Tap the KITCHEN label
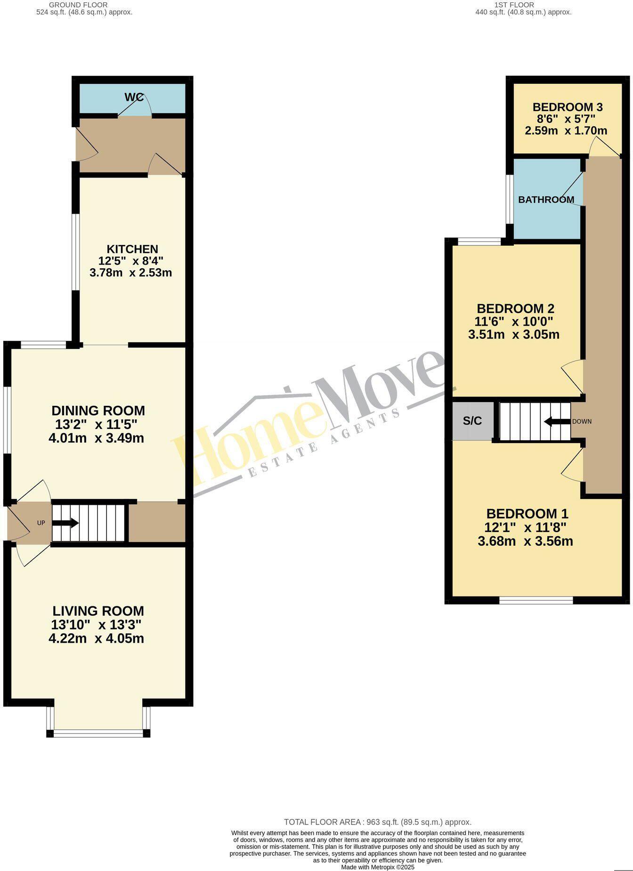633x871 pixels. coord(132,249)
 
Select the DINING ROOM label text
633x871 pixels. coord(98,411)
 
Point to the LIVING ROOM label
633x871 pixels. coord(98,611)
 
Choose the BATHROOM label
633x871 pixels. coord(546,200)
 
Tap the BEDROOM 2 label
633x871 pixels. coord(515,309)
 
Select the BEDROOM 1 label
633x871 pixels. coord(527,514)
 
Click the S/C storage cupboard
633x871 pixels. coord(472,421)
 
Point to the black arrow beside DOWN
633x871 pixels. coord(556,421)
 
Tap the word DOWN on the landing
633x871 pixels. coord(582,421)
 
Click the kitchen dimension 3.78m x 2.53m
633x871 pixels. coord(130,273)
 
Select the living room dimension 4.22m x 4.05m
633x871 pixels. coord(96,639)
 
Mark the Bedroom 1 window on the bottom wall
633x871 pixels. coord(536,600)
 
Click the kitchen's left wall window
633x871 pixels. coord(75,252)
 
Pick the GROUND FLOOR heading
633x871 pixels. coord(78,5)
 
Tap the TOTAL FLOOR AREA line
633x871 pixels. coord(378,822)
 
